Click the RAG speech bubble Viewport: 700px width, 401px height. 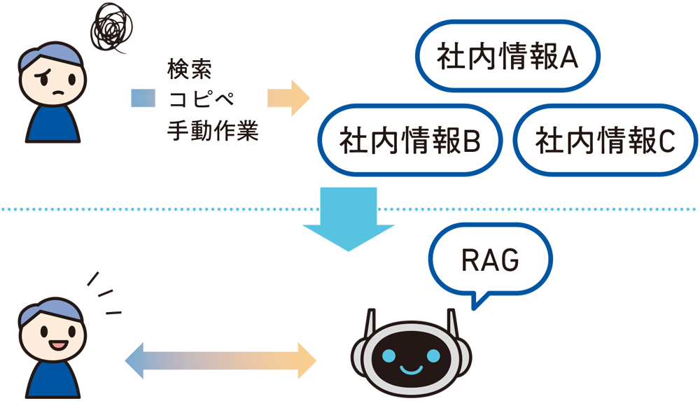click(x=490, y=260)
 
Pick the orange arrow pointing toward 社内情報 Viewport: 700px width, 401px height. click(x=288, y=98)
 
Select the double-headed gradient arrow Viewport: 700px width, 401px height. click(x=220, y=361)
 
